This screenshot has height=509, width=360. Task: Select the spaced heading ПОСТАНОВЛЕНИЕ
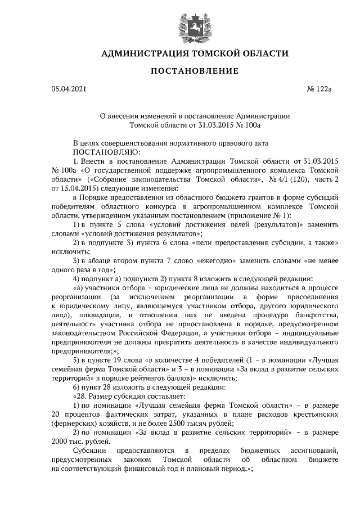tap(193, 71)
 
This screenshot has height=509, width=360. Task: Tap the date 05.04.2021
tap(69, 89)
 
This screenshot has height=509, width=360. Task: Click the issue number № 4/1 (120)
tap(276, 179)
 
